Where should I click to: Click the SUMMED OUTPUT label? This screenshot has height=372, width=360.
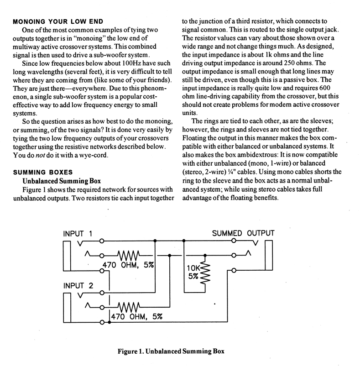pyautogui.click(x=244, y=234)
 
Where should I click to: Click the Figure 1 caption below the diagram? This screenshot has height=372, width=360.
pyautogui.click(x=180, y=351)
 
